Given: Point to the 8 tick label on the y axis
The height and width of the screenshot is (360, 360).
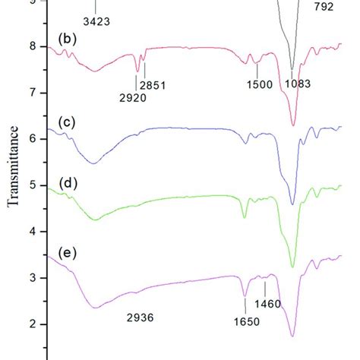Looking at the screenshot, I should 32,46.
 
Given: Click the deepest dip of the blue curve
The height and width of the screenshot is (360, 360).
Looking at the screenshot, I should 292,204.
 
